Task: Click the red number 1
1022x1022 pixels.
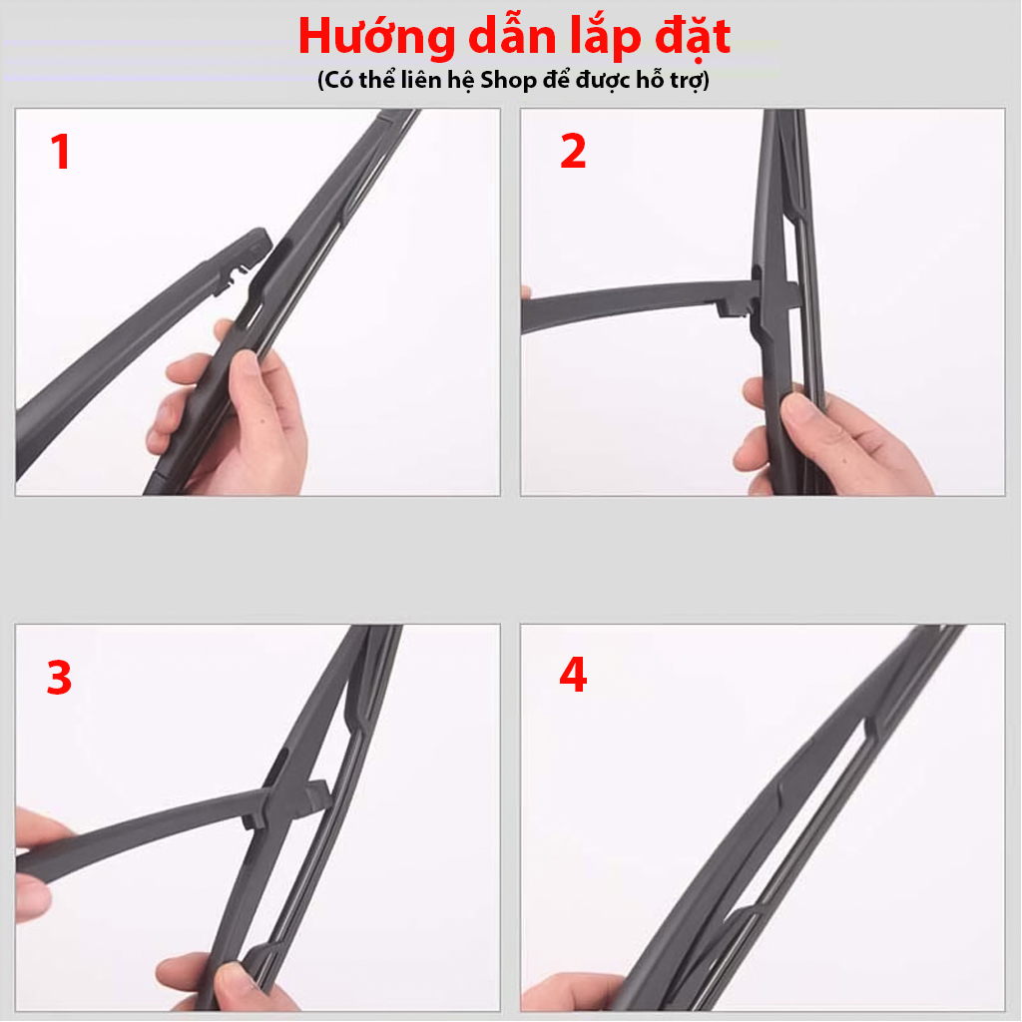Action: point(61,153)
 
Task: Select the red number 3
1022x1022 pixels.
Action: point(59,678)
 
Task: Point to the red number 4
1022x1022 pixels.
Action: point(573,676)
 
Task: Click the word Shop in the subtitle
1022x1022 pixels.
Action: point(508,81)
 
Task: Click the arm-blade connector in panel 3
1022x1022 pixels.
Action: point(289,798)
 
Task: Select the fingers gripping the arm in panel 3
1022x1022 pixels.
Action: point(35,858)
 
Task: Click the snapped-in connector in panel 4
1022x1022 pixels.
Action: point(788,798)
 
